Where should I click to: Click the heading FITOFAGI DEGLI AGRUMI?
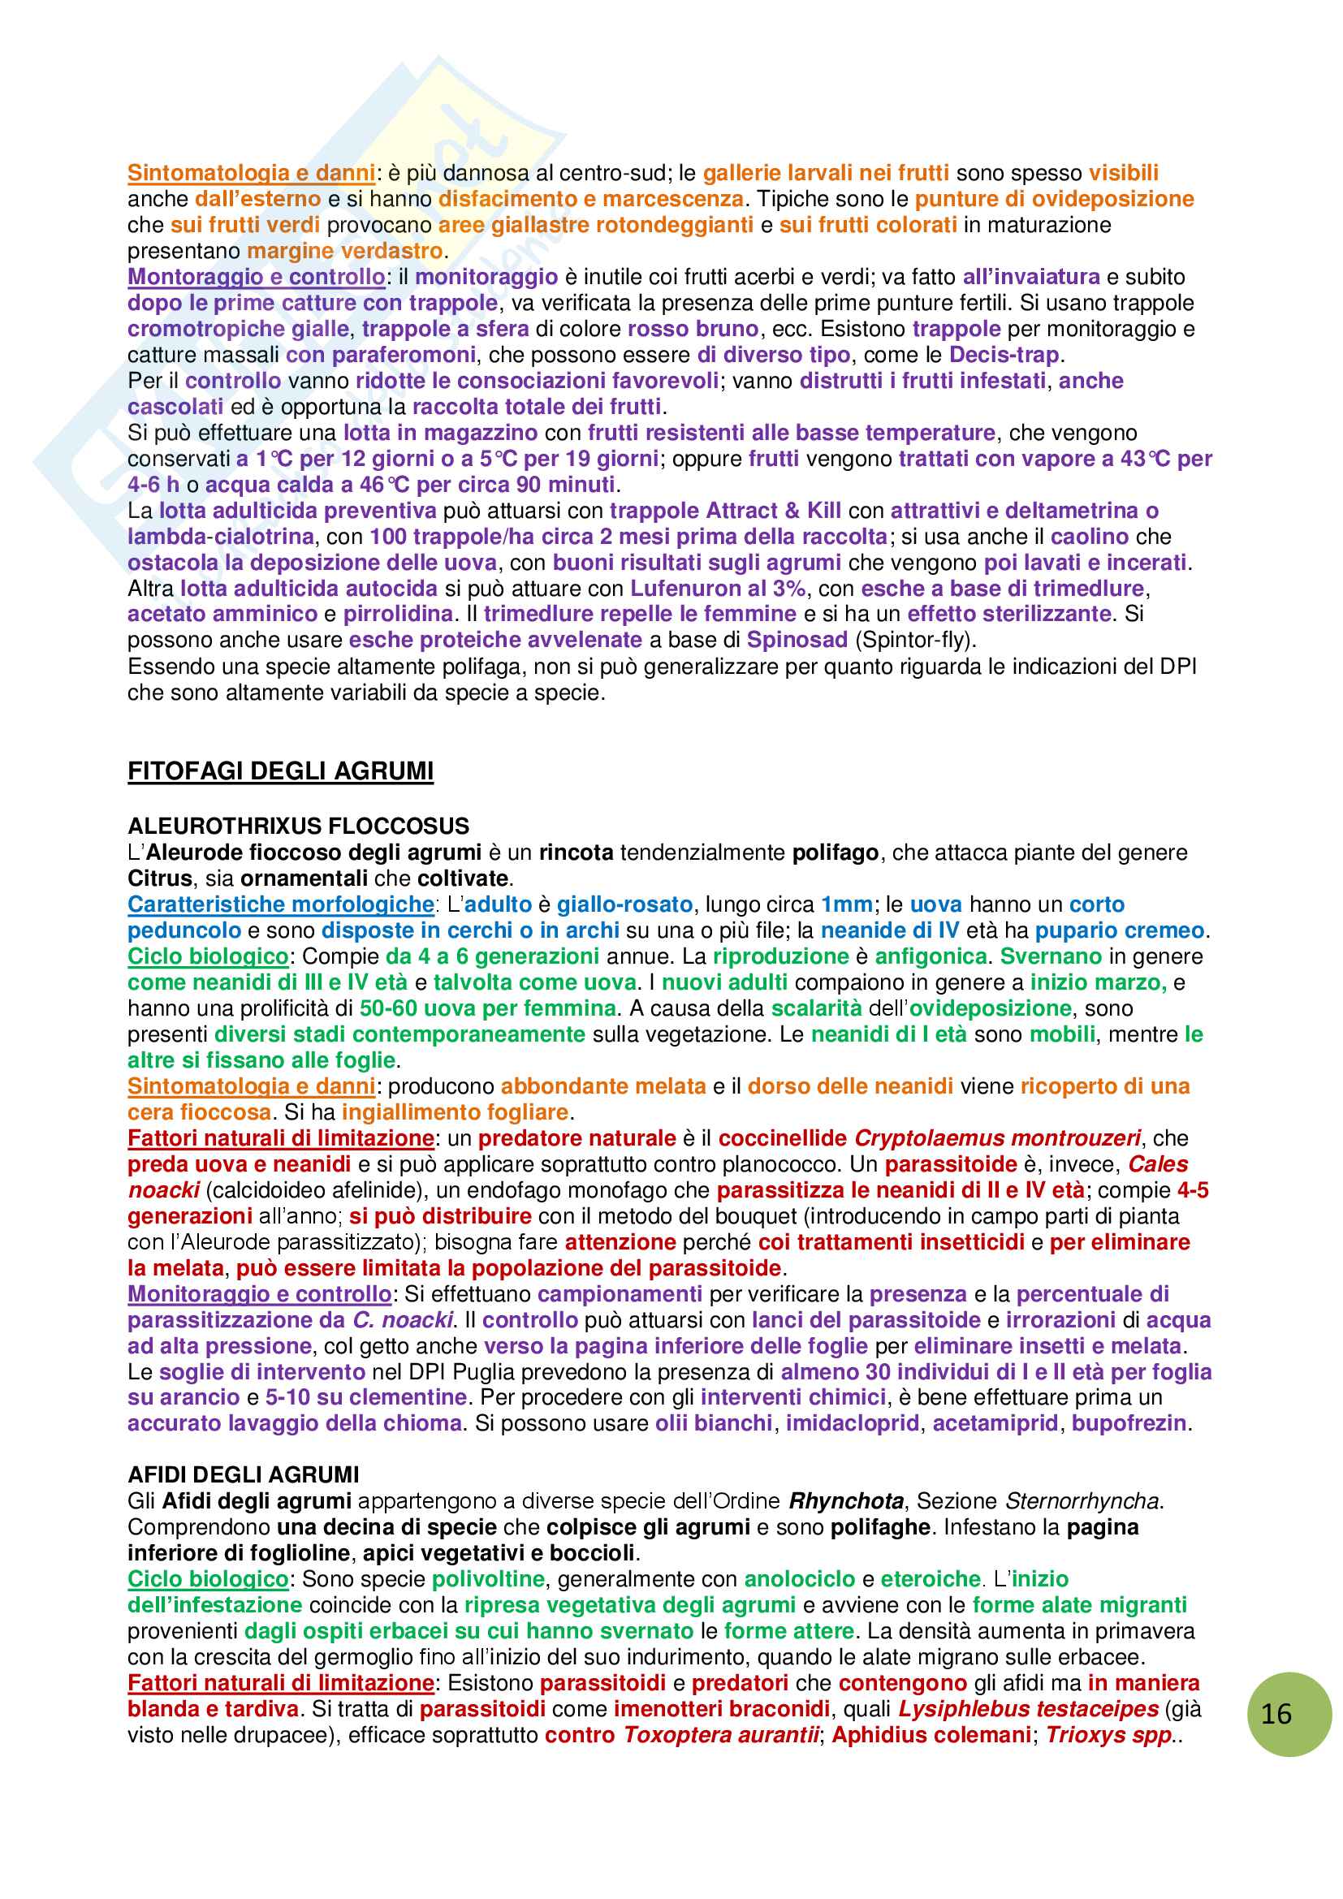pos(280,770)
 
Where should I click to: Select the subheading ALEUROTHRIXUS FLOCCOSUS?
pos(299,826)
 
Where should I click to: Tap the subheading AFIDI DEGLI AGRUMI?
pos(243,1474)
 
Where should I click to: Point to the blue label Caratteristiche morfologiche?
pos(280,904)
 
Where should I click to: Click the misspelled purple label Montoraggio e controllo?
pos(257,276)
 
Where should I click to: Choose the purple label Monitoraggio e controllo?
pos(260,1293)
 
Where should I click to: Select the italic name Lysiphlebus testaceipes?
pos(1028,1709)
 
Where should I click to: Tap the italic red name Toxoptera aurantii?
pos(720,1734)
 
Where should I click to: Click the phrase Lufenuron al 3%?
pos(718,588)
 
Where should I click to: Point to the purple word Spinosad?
pos(797,639)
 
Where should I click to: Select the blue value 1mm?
pos(846,904)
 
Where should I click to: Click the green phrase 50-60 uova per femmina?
pos(488,1008)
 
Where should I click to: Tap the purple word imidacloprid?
pos(852,1422)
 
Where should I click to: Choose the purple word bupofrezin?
pos(1129,1422)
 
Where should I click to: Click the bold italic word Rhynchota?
pos(846,1500)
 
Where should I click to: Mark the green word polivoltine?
pos(488,1579)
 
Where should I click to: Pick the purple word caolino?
pos(1089,536)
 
